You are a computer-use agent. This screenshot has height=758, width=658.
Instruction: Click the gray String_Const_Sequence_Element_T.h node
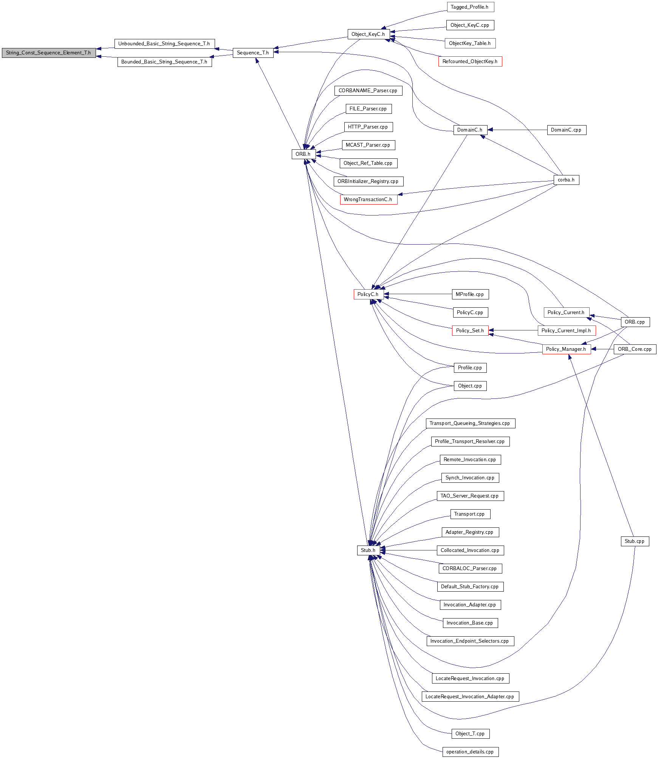pyautogui.click(x=48, y=53)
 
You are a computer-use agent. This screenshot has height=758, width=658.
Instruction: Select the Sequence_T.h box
pyautogui.click(x=253, y=53)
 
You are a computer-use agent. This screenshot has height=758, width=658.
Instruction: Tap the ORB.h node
pyautogui.click(x=303, y=154)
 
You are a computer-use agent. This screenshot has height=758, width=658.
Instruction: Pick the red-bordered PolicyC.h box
pyautogui.click(x=368, y=295)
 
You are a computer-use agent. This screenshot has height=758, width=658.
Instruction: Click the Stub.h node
pyautogui.click(x=368, y=550)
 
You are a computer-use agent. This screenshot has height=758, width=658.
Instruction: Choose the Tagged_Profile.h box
pyautogui.click(x=470, y=7)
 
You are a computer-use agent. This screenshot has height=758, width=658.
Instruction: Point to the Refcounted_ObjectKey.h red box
pyautogui.click(x=470, y=62)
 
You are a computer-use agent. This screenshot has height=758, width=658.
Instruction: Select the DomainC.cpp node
pyautogui.click(x=566, y=130)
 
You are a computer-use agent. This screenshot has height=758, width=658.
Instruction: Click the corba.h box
pyautogui.click(x=566, y=180)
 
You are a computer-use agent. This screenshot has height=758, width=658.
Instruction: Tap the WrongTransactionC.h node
pyautogui.click(x=368, y=200)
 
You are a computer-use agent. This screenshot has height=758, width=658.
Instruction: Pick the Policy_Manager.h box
pyautogui.click(x=566, y=349)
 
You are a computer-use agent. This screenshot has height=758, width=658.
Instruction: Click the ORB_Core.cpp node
pyautogui.click(x=635, y=349)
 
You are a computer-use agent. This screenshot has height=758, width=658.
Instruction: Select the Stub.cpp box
pyautogui.click(x=635, y=541)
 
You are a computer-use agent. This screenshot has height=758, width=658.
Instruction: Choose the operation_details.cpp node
pyautogui.click(x=470, y=752)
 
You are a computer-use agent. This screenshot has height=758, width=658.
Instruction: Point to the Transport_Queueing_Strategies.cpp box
pyautogui.click(x=470, y=423)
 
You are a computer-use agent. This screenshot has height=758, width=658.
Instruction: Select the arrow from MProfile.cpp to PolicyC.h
pyautogui.click(x=418, y=294)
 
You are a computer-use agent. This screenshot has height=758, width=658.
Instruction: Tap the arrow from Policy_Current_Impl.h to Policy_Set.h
pyautogui.click(x=513, y=330)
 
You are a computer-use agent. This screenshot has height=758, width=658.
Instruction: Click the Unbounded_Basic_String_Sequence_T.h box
pyautogui.click(x=164, y=44)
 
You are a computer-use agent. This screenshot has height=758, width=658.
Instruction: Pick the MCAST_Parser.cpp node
pyautogui.click(x=368, y=145)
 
